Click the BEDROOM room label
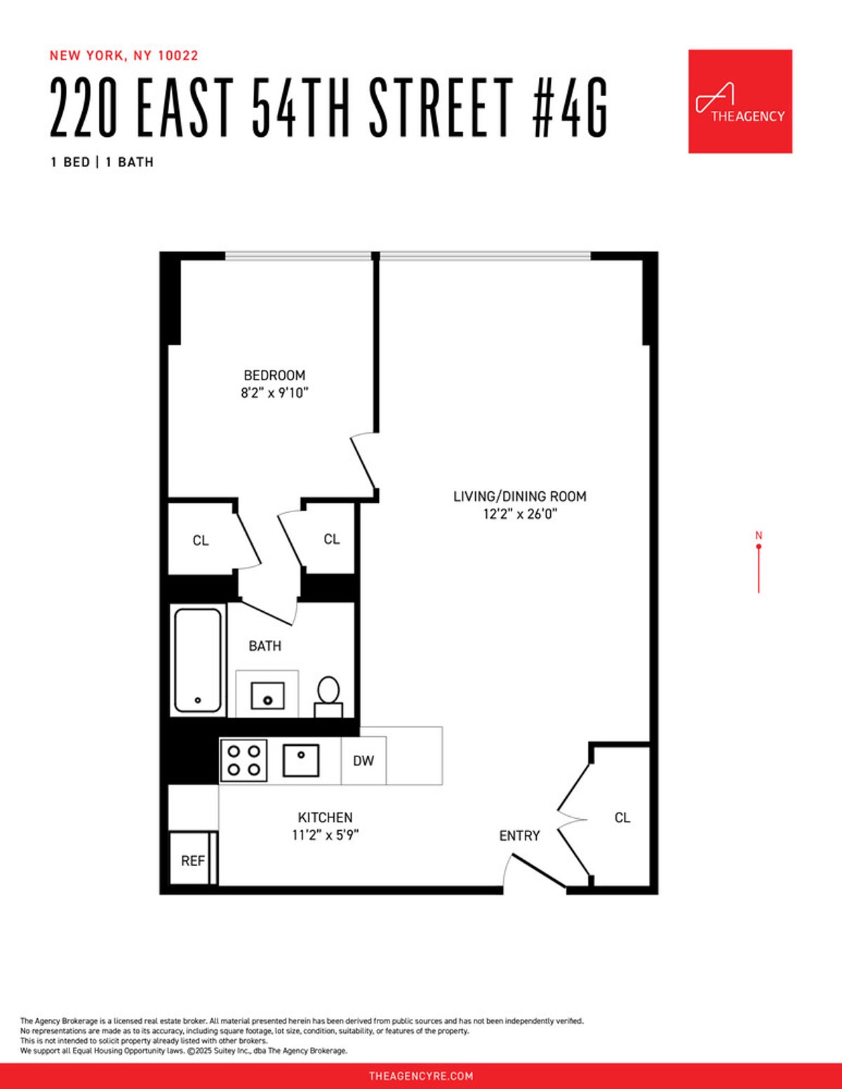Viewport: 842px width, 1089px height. (274, 375)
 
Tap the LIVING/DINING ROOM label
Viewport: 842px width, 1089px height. (519, 496)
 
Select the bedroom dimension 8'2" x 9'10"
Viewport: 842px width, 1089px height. (274, 393)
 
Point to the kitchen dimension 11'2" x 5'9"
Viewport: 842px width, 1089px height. (325, 835)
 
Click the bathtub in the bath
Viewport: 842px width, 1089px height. (198, 660)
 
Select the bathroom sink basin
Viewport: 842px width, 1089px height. (267, 696)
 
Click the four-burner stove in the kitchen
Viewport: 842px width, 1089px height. (243, 761)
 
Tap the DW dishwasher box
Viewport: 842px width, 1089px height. (363, 761)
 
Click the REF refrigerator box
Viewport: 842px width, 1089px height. (192, 860)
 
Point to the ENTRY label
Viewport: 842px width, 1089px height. (519, 836)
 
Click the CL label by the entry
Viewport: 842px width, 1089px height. (622, 817)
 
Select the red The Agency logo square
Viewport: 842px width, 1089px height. (740, 101)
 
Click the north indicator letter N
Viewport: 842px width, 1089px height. (759, 535)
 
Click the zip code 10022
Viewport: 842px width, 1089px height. (178, 55)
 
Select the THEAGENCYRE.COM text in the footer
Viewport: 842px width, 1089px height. (421, 1076)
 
